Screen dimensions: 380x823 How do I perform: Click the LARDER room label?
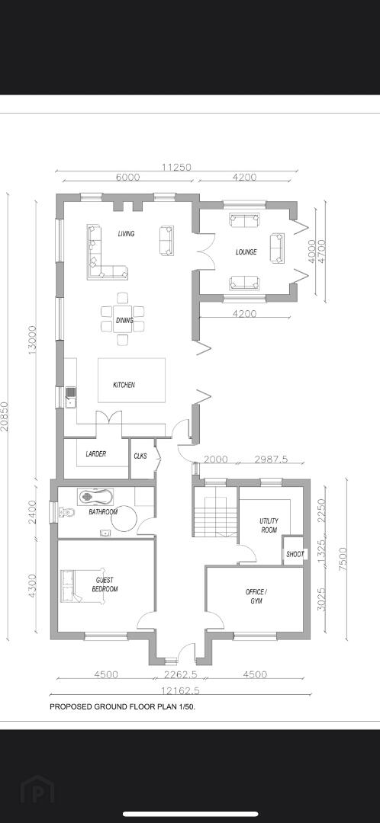[x=95, y=454]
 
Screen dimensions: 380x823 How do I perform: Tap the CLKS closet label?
[x=140, y=456]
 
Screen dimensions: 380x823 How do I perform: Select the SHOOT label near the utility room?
[x=295, y=554]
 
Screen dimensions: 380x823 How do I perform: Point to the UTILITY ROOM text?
[x=269, y=525]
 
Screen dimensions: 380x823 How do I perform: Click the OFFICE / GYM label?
[x=256, y=596]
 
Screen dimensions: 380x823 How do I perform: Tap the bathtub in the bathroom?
[x=95, y=496]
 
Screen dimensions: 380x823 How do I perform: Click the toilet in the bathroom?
[x=65, y=512]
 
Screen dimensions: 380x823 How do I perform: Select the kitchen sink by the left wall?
[x=70, y=397]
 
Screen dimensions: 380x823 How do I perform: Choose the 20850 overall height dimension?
[x=5, y=416]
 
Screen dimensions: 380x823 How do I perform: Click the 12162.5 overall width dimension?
[x=180, y=690]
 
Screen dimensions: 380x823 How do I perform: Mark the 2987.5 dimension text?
[x=271, y=460]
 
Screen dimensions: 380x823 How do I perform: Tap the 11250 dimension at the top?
[x=176, y=168]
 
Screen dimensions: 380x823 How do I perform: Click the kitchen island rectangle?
[x=131, y=380]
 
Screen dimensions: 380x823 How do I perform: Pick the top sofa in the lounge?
[x=244, y=220]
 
